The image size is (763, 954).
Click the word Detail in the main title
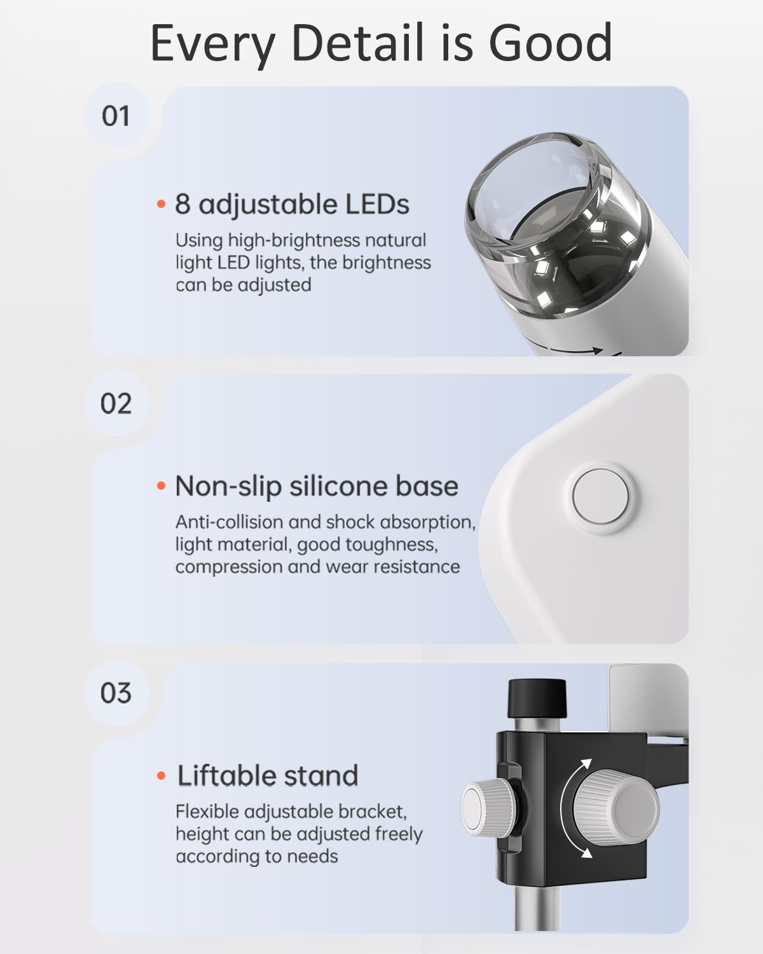click(357, 43)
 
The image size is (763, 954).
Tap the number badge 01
click(116, 116)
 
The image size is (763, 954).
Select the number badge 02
click(116, 404)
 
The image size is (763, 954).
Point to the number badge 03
click(116, 693)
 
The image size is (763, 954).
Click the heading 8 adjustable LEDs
click(292, 204)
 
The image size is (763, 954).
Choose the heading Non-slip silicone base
click(316, 486)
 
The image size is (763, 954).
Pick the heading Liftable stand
click(267, 776)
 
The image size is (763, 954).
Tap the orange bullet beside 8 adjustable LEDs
click(161, 205)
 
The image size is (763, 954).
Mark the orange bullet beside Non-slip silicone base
click(161, 487)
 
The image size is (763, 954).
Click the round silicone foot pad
click(601, 497)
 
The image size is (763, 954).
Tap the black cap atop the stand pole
click(537, 697)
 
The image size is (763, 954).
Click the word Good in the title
click(550, 43)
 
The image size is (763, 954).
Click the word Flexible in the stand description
click(207, 812)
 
